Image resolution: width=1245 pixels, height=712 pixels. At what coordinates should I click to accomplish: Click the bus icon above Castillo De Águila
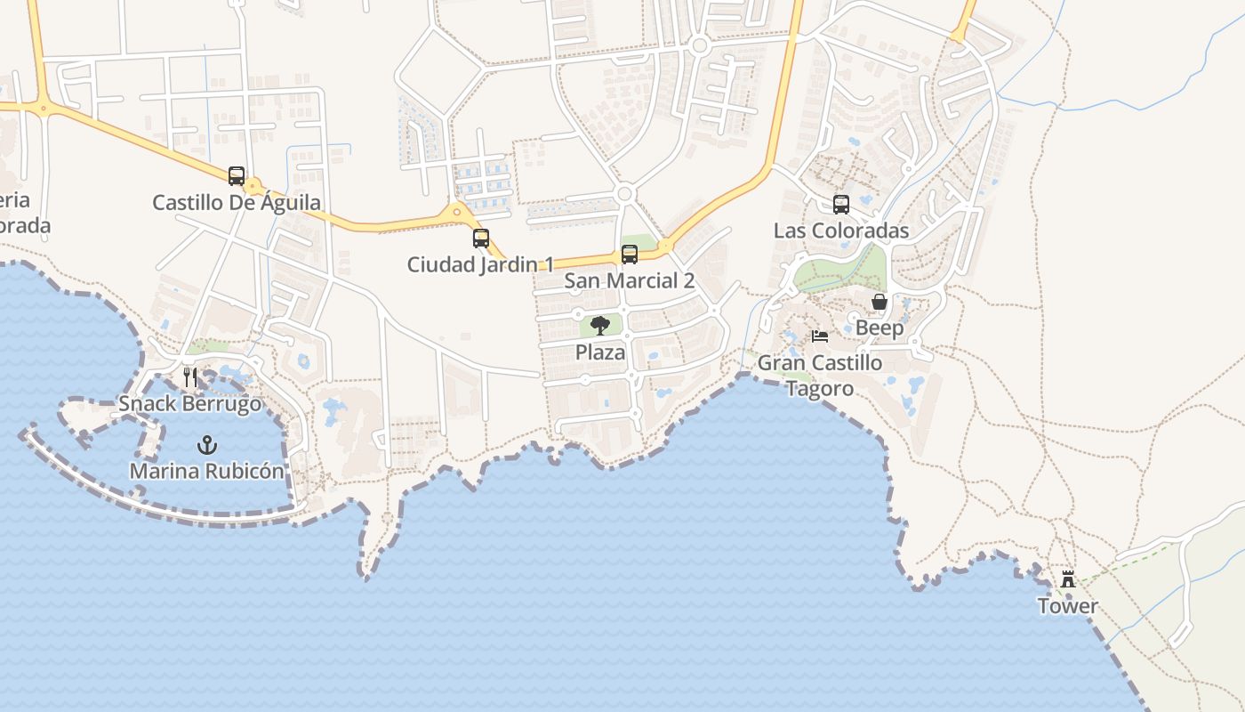pyautogui.click(x=236, y=175)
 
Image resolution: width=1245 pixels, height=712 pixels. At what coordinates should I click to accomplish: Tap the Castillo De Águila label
pyautogui.click(x=236, y=203)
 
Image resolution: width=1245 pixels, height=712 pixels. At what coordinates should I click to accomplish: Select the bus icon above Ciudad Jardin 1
pyautogui.click(x=481, y=238)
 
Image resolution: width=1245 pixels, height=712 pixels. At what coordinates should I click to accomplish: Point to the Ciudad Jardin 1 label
pyautogui.click(x=480, y=264)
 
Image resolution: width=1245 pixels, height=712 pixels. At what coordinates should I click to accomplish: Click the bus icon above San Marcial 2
pyautogui.click(x=630, y=255)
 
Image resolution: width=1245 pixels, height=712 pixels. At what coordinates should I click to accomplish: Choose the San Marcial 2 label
pyautogui.click(x=630, y=281)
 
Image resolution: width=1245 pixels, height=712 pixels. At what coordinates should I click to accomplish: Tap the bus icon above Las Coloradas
pyautogui.click(x=841, y=205)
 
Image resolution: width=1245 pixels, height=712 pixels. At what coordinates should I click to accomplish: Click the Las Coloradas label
pyautogui.click(x=841, y=231)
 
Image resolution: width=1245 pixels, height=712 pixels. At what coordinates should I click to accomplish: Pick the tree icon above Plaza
pyautogui.click(x=600, y=325)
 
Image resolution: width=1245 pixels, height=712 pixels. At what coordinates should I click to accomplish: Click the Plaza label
pyautogui.click(x=600, y=352)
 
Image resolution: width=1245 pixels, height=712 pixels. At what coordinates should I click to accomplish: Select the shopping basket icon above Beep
pyautogui.click(x=880, y=302)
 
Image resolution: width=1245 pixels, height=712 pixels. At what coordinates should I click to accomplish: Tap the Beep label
pyautogui.click(x=880, y=328)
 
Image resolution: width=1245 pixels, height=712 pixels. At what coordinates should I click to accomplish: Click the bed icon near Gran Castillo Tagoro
pyautogui.click(x=820, y=336)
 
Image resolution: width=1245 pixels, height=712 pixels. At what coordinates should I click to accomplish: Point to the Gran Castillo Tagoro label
pyautogui.click(x=820, y=376)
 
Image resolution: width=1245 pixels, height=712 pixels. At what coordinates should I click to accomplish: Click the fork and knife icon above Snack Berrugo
pyautogui.click(x=189, y=377)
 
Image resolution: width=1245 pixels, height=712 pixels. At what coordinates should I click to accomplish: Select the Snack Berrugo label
pyautogui.click(x=190, y=404)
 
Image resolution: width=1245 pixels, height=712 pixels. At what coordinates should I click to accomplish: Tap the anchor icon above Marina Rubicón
pyautogui.click(x=207, y=444)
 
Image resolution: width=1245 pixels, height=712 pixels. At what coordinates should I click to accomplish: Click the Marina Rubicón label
pyautogui.click(x=207, y=471)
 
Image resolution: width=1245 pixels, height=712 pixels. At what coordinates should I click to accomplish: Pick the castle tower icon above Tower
pyautogui.click(x=1068, y=579)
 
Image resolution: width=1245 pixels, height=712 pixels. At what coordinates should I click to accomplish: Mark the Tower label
pyautogui.click(x=1068, y=606)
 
